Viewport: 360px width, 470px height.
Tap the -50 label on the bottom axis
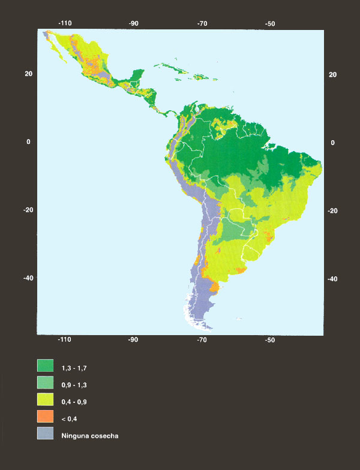[271, 340]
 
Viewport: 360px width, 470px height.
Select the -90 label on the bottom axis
[133, 340]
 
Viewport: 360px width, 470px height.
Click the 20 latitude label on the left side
[28, 73]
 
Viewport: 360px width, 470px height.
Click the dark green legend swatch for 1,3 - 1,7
[46, 365]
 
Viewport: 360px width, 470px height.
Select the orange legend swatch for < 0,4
[46, 416]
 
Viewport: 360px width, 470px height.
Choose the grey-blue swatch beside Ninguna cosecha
[46, 433]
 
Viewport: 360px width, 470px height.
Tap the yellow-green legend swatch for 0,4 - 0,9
[46, 399]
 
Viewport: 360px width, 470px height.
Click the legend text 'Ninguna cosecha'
[89, 436]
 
